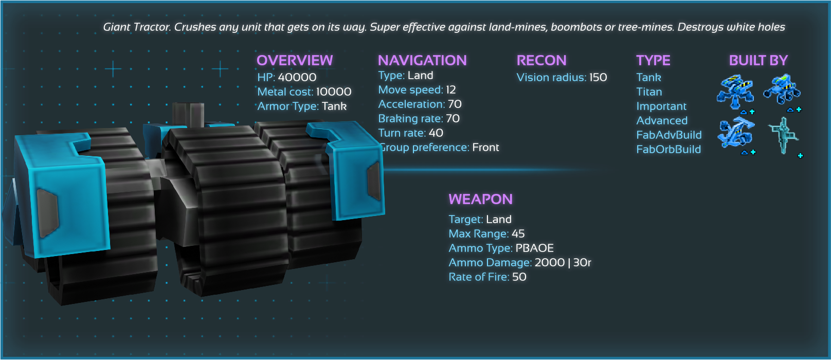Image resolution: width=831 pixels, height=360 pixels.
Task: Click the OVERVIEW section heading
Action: (295, 60)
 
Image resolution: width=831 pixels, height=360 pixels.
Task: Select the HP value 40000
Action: (297, 77)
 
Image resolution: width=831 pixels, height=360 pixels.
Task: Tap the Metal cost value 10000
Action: (334, 92)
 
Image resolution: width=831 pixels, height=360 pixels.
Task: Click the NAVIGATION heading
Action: (422, 60)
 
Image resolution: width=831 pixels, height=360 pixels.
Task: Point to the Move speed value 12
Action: (451, 89)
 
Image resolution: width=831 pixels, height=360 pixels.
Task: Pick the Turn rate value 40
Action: (436, 133)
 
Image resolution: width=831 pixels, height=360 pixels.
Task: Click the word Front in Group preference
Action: (485, 147)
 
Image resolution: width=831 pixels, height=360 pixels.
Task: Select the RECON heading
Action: (541, 60)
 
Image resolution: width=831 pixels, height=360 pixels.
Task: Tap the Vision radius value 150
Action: (598, 77)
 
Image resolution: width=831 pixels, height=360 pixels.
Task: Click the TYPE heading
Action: (653, 60)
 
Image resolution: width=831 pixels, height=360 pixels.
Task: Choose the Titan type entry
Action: (649, 92)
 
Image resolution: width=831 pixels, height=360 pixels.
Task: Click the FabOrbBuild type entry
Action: (669, 149)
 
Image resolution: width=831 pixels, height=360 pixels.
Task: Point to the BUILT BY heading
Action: (758, 60)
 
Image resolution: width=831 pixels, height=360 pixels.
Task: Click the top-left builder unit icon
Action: (735, 91)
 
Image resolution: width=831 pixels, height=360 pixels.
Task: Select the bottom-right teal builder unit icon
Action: (783, 135)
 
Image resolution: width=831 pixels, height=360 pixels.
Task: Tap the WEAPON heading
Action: (480, 199)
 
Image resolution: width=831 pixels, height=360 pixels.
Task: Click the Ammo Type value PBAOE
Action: (535, 248)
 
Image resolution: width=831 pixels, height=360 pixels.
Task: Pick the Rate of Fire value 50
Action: (519, 277)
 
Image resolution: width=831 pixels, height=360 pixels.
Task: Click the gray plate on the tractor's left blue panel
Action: (47, 212)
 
